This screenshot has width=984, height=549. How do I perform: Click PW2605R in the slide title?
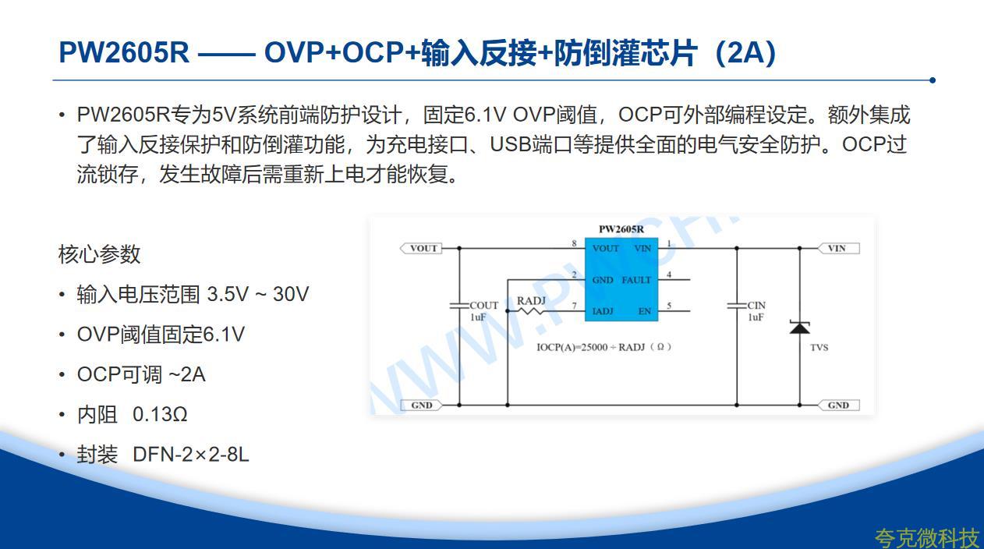point(124,52)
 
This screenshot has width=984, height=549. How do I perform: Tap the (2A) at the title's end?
point(745,53)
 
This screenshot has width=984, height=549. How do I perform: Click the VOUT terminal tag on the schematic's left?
point(421,248)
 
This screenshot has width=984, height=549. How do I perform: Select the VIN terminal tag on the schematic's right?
point(839,248)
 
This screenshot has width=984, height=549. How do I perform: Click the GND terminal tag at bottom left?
point(421,405)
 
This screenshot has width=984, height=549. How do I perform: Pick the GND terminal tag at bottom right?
point(839,405)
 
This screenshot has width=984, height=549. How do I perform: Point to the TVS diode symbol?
point(799,328)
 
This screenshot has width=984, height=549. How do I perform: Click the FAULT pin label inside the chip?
point(636,280)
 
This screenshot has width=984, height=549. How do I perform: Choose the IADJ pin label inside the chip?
point(602,311)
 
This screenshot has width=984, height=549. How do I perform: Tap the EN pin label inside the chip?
point(644,311)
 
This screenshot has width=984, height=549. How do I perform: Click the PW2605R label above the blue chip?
point(621,228)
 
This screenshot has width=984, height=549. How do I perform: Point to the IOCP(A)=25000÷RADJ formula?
point(604,347)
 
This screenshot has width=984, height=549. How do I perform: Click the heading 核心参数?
point(99,254)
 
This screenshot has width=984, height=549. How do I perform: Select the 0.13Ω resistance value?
point(160,414)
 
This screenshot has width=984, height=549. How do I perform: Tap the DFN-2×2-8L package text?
point(191,454)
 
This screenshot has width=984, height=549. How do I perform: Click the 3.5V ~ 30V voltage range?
point(258,294)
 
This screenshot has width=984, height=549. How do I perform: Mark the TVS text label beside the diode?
point(819,347)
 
